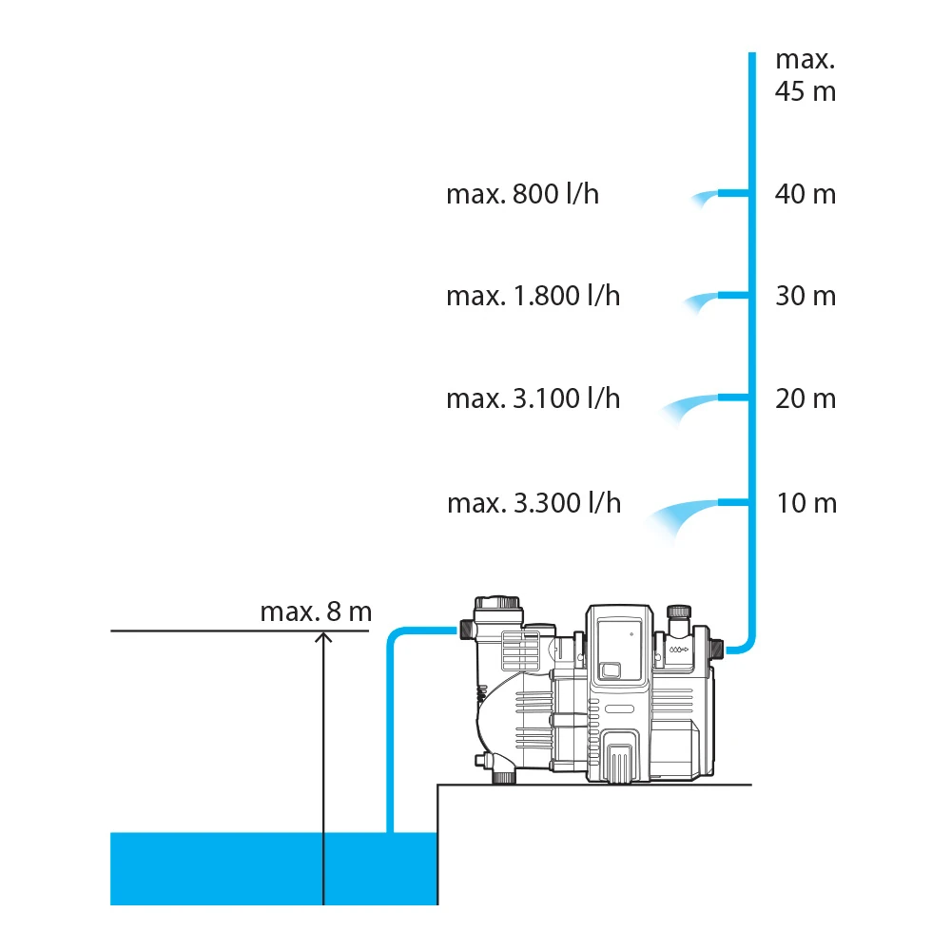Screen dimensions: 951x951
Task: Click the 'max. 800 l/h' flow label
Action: (x=522, y=194)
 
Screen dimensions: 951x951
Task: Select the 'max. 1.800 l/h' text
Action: (x=534, y=296)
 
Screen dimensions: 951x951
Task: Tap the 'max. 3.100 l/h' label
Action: (x=534, y=398)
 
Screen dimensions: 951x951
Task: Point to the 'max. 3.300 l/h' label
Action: (x=534, y=503)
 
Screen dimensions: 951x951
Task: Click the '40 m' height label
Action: (x=805, y=194)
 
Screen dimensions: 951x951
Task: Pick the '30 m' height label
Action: (x=805, y=296)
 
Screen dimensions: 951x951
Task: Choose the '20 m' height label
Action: (x=805, y=398)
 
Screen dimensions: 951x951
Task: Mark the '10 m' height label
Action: (x=806, y=503)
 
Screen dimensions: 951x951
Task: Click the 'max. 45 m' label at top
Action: (x=805, y=75)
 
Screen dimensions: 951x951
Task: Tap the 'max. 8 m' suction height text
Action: (x=316, y=611)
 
